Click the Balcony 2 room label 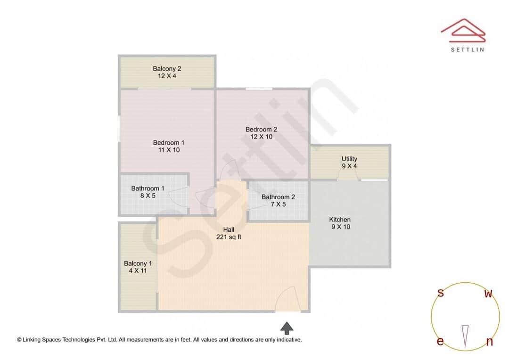click(167, 69)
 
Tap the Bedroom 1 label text click(168, 143)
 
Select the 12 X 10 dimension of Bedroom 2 click(261, 137)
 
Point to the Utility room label click(349, 159)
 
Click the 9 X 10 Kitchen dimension click(341, 227)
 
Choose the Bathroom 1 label click(148, 188)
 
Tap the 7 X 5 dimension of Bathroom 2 click(278, 204)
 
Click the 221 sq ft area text click(229, 237)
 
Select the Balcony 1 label click(138, 263)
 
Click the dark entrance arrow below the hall click(287, 328)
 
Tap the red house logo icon click(463, 31)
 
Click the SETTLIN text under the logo click(468, 49)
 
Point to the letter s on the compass click(441, 293)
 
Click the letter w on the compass click(489, 294)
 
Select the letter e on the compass click(440, 341)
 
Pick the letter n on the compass click(490, 342)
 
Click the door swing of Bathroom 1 click(178, 196)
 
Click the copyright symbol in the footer click(19, 340)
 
